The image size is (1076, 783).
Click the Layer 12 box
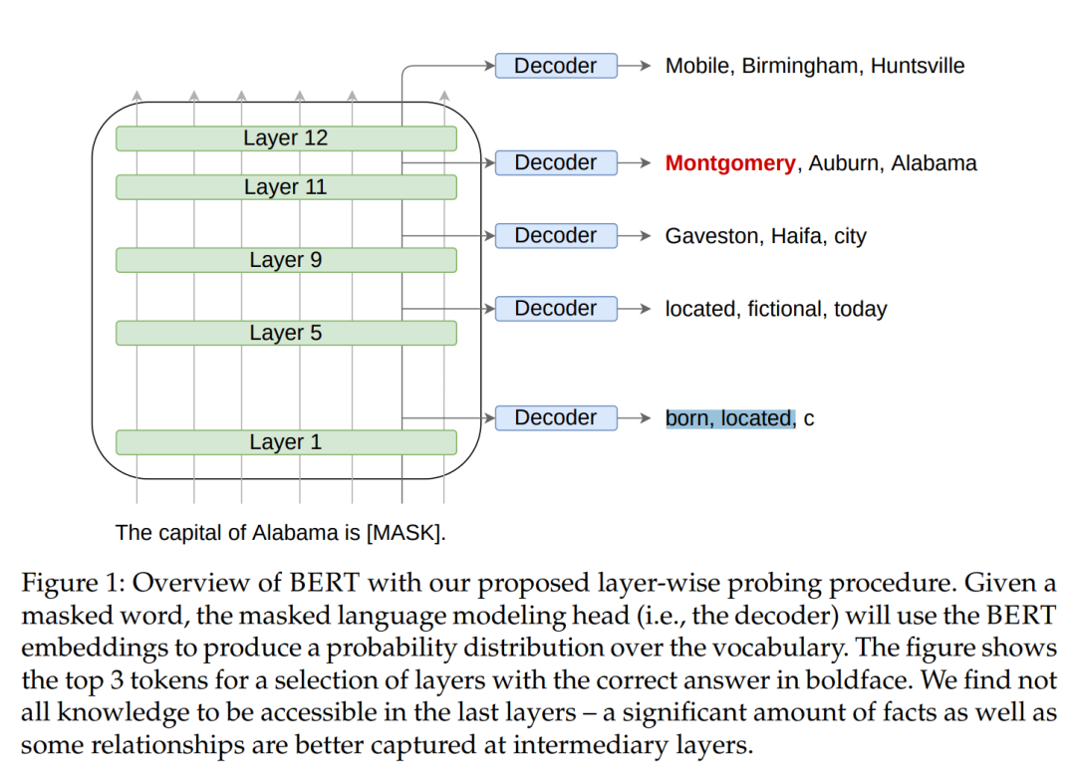[x=286, y=138]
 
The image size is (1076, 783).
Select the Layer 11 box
[x=286, y=187]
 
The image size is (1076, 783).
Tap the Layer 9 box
[x=286, y=260]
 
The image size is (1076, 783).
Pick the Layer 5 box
[x=286, y=333]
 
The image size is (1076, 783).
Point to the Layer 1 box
[x=286, y=442]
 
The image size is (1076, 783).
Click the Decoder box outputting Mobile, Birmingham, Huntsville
[x=556, y=66]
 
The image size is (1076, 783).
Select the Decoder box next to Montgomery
[x=556, y=162]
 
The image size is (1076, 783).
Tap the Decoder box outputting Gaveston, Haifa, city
[x=556, y=236]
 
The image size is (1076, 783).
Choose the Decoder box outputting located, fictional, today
[x=556, y=309]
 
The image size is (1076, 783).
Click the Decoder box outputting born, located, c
[x=556, y=418]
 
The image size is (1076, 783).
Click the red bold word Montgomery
[x=730, y=163]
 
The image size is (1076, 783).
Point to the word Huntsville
[x=918, y=67]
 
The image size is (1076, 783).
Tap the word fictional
[x=784, y=310]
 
